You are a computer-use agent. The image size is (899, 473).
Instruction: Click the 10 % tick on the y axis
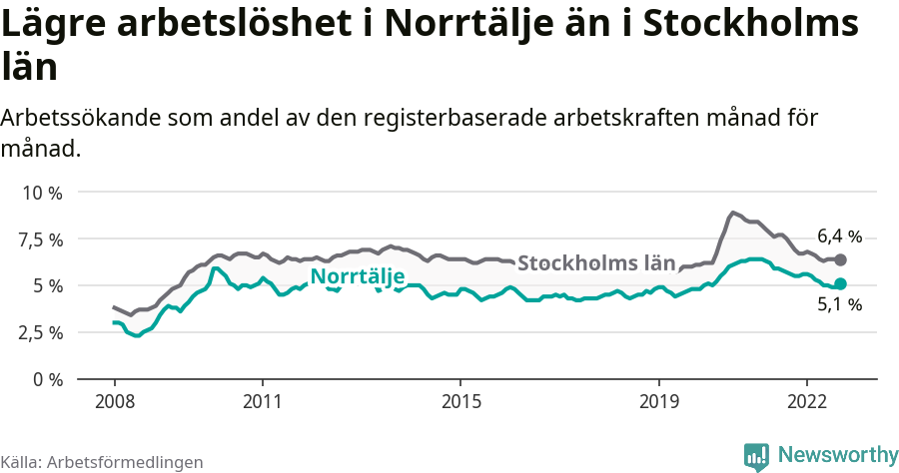point(41,193)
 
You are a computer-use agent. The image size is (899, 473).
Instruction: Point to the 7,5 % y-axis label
point(41,239)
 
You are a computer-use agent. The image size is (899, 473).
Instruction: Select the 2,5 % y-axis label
point(41,332)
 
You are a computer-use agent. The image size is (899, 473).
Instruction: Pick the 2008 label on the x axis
point(114,401)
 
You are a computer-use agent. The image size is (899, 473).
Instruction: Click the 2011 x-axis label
point(262,401)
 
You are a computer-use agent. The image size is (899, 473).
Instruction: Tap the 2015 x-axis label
point(459,401)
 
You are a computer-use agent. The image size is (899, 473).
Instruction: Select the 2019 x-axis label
point(658,401)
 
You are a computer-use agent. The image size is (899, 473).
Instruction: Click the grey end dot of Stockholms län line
point(841,259)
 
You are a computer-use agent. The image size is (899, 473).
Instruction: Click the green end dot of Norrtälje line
point(841,284)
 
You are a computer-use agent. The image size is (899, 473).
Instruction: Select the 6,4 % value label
point(839,236)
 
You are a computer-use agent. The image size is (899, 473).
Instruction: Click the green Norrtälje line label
point(358,276)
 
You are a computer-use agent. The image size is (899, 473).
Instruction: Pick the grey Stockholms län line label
point(596,263)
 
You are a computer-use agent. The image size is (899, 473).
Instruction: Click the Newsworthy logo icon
point(757,455)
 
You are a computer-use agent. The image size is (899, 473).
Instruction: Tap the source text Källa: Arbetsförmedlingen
point(102,462)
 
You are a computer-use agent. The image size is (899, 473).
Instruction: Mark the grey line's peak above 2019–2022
point(733,212)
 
